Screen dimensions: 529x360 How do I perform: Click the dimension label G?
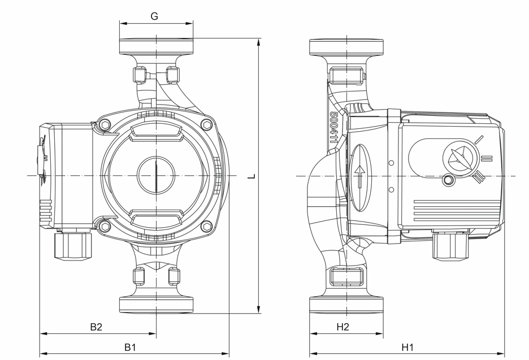pos(154,16)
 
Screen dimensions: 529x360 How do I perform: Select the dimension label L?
pos(252,176)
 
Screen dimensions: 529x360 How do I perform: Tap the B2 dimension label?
pos(96,327)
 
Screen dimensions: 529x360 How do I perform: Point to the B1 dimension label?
pos(130,347)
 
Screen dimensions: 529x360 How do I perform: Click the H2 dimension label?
pos(342,327)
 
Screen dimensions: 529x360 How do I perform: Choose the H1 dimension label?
pos(407,347)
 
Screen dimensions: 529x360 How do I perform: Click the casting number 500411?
pos(334,128)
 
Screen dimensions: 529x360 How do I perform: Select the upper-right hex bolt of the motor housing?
pos(206,125)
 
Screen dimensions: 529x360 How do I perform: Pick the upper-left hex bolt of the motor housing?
pos(105,125)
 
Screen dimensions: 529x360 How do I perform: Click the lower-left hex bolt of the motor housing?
pos(105,227)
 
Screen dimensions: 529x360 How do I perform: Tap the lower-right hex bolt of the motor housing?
pos(206,227)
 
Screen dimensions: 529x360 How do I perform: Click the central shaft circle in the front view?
pos(156,175)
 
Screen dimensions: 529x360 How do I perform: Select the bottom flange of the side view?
pos(346,305)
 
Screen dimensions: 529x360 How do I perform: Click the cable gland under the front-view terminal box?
pos(73,245)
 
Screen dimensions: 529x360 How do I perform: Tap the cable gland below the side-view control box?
pos(451,246)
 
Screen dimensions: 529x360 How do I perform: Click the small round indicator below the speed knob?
pos(448,180)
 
